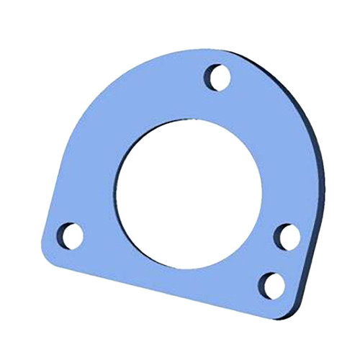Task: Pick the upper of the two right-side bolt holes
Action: [x=287, y=236]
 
